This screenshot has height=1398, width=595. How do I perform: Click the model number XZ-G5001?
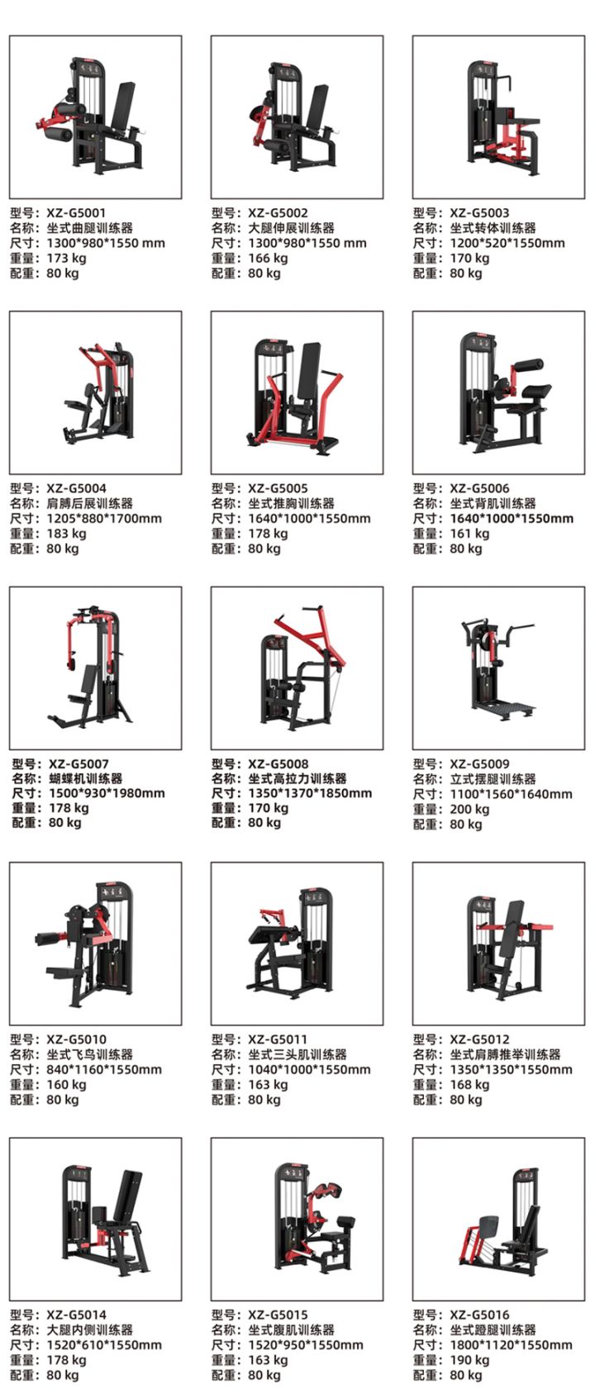[76, 213]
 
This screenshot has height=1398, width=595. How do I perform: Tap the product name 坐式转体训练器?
[493, 228]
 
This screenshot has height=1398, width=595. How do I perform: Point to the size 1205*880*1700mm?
[104, 519]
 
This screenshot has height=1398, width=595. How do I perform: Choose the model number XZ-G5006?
[479, 488]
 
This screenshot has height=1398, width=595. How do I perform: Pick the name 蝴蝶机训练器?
[86, 779]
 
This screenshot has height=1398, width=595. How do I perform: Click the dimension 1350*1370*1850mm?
[310, 794]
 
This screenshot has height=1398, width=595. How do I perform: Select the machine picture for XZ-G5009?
[497, 667]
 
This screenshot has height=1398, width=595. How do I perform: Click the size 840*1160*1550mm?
[104, 1070]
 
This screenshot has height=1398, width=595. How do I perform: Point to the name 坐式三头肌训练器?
[297, 1055]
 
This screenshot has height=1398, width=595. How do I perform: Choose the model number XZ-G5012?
[479, 1039]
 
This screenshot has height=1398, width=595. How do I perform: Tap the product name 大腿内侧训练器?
[90, 1330]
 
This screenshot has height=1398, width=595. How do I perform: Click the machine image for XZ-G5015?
[310, 1218]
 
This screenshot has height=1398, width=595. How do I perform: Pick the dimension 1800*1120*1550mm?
[511, 1345]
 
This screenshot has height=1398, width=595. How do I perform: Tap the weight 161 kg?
[469, 534]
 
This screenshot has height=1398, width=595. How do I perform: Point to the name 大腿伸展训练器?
[291, 228]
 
